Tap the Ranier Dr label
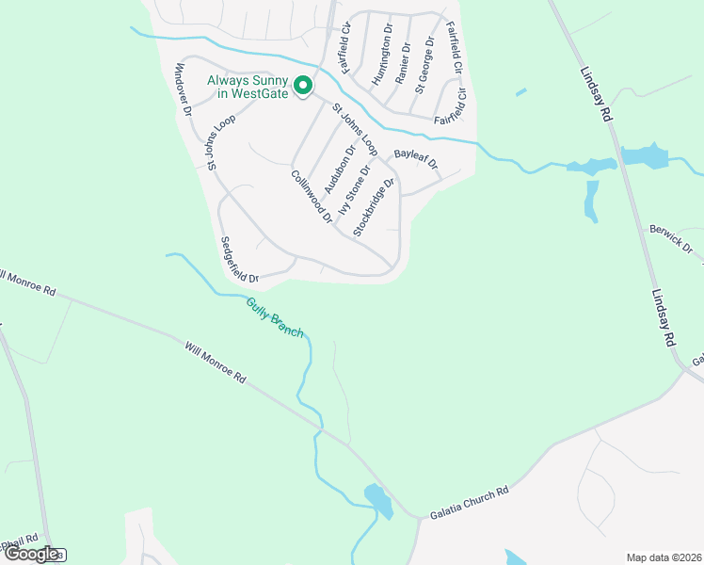coord(404,63)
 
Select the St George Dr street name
coord(424,63)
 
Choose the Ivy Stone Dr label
coord(355,186)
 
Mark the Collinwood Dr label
coord(312,195)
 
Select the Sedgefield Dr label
coord(239,259)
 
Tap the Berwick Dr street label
coord(671,239)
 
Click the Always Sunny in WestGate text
coord(247,87)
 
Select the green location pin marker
coord(303,86)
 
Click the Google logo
coord(32,554)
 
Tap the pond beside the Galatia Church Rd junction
coord(378,500)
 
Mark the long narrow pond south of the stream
coord(592,201)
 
